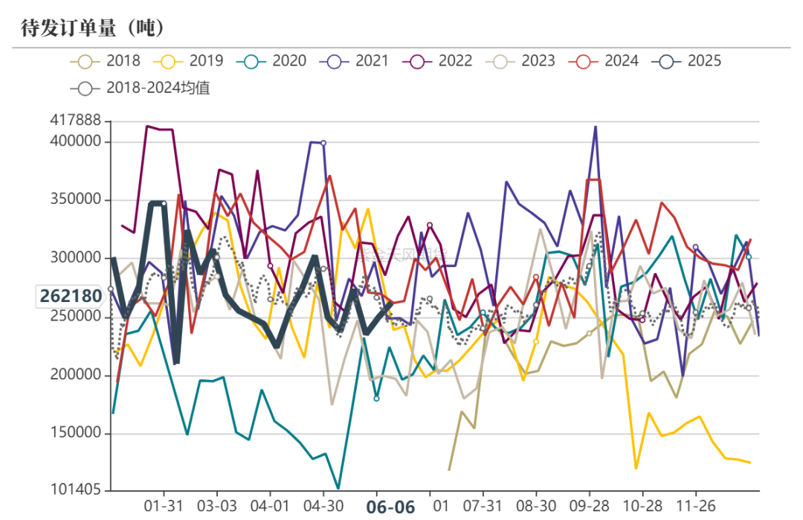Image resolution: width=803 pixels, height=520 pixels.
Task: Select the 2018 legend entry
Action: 106,61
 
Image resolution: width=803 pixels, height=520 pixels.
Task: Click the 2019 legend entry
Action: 189,61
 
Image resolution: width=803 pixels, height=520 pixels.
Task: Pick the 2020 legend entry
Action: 271,61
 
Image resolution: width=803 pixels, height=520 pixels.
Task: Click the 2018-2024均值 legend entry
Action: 141,88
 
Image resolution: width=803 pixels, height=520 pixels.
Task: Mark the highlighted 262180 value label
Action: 71,296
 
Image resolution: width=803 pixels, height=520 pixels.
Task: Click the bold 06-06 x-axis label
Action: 391,507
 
